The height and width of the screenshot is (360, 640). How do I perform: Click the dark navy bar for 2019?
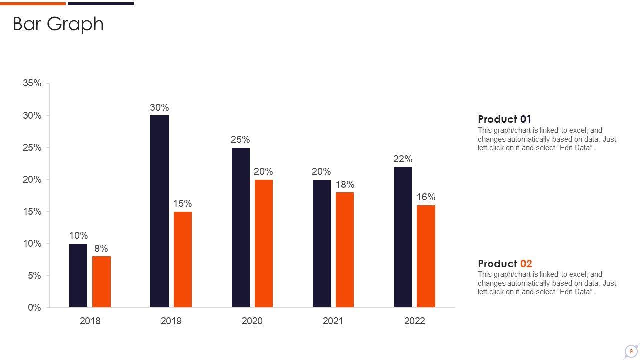tap(159, 211)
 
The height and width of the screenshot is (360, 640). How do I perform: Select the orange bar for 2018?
tap(101, 282)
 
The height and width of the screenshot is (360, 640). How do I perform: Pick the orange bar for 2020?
tap(264, 243)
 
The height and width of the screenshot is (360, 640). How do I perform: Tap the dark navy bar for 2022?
tap(403, 237)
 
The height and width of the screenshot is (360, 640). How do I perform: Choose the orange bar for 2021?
tap(345, 250)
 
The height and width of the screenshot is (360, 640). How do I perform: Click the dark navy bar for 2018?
tap(78, 275)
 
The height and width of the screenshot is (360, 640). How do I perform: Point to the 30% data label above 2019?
tap(159, 107)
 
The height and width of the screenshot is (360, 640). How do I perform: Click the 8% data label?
tap(101, 248)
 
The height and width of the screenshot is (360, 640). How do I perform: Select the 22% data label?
tap(403, 159)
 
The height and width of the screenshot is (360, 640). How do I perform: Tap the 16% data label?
tap(426, 197)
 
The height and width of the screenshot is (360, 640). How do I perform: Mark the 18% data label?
tap(345, 184)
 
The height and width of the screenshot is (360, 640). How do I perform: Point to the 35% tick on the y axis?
tap(32, 83)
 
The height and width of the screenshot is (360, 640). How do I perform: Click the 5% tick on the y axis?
tap(34, 276)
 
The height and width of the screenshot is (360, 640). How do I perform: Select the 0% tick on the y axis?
tap(34, 308)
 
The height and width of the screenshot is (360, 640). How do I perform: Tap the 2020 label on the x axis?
tap(252, 321)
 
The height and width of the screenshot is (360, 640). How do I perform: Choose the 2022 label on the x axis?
tap(414, 321)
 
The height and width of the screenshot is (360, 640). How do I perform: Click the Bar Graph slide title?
tap(58, 24)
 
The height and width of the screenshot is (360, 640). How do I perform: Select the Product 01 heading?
tap(504, 119)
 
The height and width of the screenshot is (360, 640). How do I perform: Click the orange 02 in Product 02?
tap(526, 263)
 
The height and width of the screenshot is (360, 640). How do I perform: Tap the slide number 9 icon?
tap(631, 351)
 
